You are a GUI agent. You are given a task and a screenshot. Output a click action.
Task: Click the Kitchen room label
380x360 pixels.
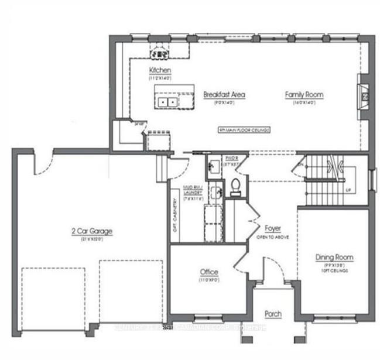pos(159,70)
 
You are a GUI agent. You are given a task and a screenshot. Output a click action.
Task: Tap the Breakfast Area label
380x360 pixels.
pos(224,94)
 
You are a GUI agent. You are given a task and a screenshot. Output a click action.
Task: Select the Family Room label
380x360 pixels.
pos(304,94)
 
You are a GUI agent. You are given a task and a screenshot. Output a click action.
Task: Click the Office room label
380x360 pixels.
pos(208,272)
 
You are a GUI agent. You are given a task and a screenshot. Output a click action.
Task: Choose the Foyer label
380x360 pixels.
pos(272,228)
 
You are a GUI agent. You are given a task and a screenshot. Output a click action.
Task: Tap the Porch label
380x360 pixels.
pos(273,314)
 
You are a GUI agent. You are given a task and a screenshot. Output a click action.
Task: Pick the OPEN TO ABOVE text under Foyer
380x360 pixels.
pos(272,238)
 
